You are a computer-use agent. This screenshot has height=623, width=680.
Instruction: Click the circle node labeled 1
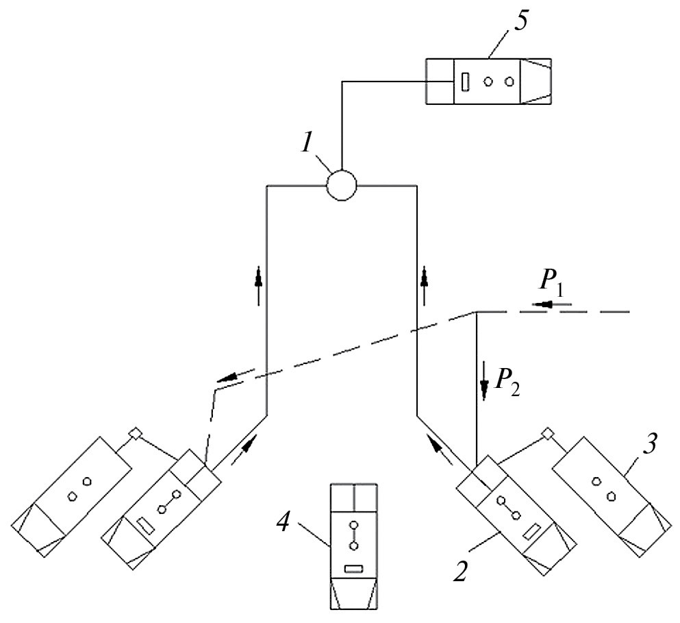click(341, 184)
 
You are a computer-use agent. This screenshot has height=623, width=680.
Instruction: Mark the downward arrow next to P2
click(485, 390)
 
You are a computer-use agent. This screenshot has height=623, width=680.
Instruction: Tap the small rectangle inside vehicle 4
click(353, 568)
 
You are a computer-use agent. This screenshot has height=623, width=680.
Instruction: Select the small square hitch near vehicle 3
click(546, 433)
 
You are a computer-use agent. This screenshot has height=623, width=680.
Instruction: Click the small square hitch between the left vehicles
click(135, 433)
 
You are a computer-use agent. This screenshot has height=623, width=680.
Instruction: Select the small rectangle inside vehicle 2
click(531, 531)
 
